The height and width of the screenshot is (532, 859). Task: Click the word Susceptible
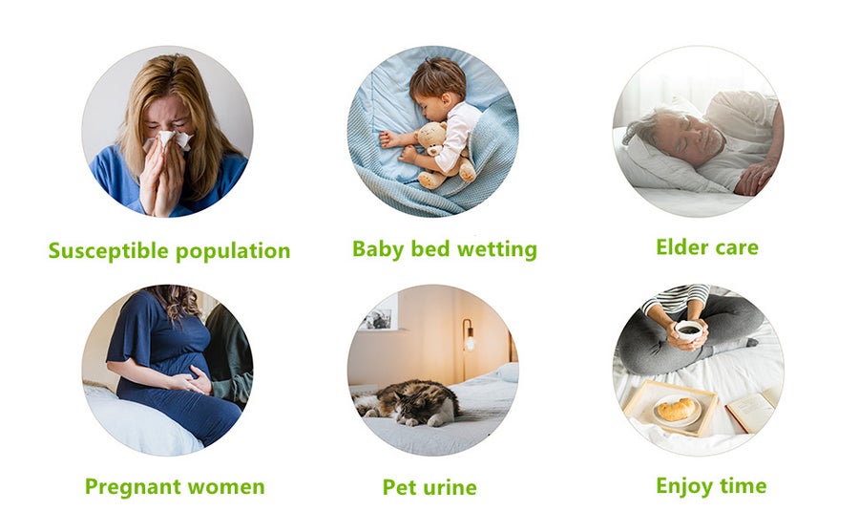(108, 250)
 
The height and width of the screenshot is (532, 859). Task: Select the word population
(233, 252)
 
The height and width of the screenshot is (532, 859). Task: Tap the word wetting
(497, 249)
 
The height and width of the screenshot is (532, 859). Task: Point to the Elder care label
(707, 247)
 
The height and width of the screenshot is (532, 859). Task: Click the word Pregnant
(133, 487)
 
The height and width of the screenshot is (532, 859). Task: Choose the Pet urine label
(429, 487)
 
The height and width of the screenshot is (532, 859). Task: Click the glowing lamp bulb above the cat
(469, 343)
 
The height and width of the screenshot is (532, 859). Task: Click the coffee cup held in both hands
(688, 330)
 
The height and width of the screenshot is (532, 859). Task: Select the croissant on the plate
(676, 410)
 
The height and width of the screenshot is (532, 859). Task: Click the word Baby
(378, 249)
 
